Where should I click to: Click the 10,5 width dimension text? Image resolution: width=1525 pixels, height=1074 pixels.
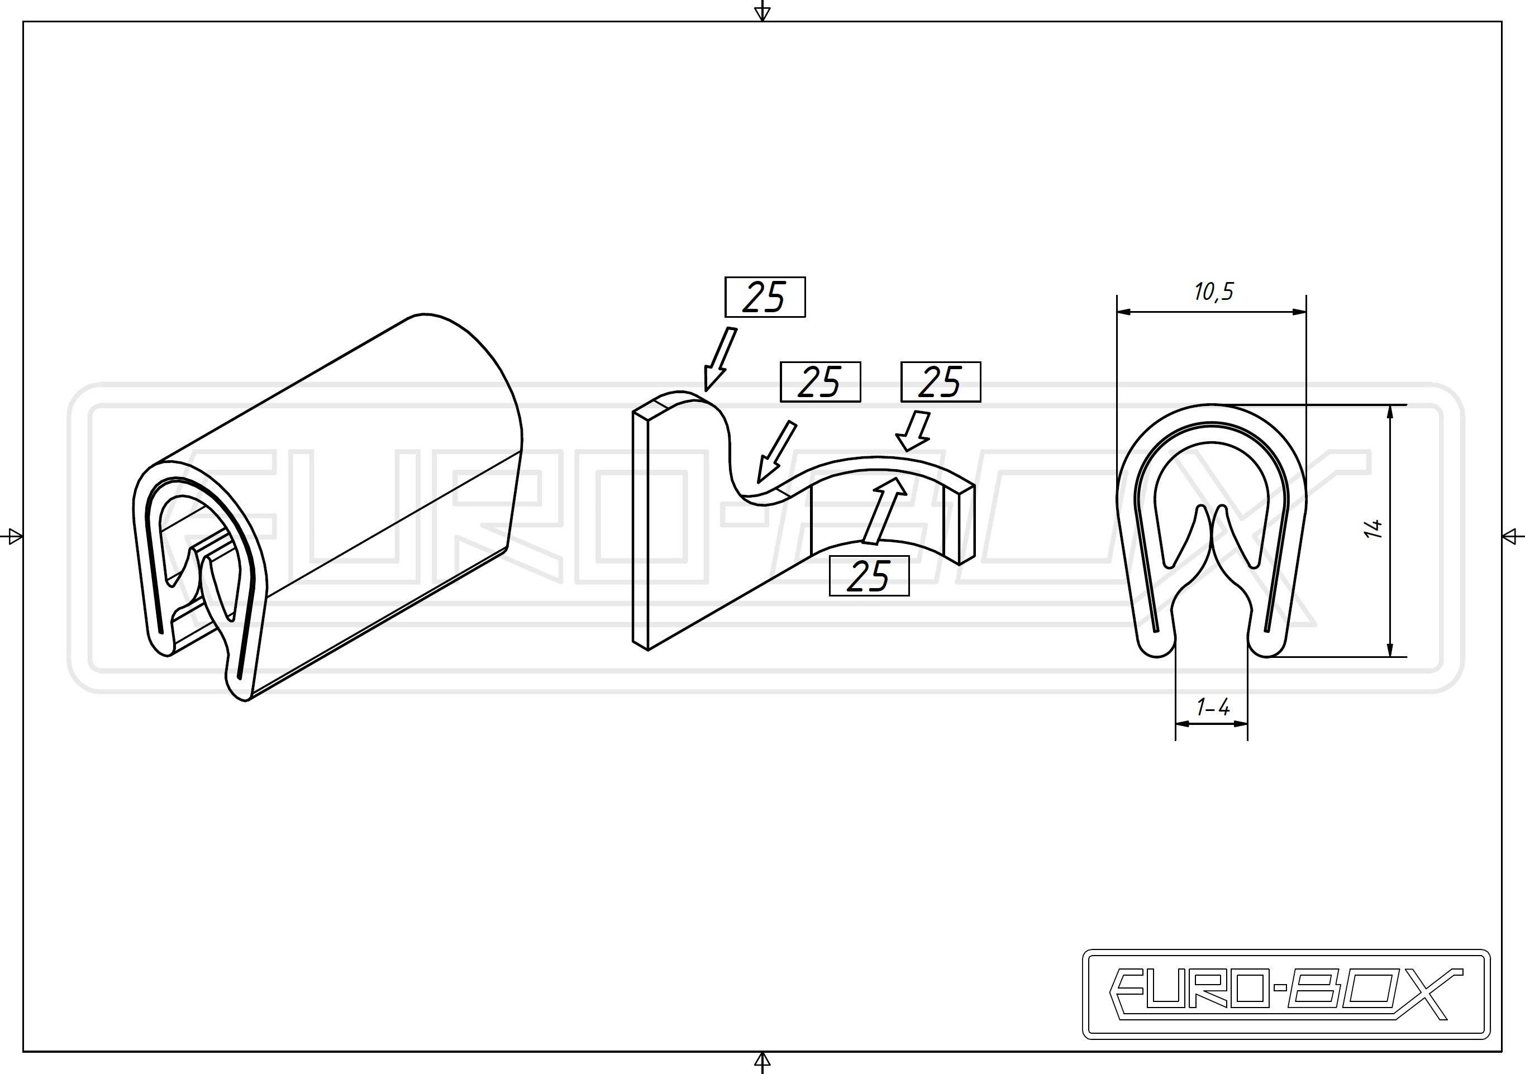[1213, 292]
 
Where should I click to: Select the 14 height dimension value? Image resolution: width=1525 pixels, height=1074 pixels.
[1373, 529]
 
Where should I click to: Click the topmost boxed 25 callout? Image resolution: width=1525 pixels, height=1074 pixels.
[765, 297]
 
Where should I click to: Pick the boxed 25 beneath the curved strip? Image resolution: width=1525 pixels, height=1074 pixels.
[869, 576]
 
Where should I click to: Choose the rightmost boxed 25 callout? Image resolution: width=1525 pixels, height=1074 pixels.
[941, 382]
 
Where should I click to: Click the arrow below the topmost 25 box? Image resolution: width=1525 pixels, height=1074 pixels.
[719, 359]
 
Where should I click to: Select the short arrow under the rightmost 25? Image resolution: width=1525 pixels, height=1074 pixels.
[914, 432]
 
